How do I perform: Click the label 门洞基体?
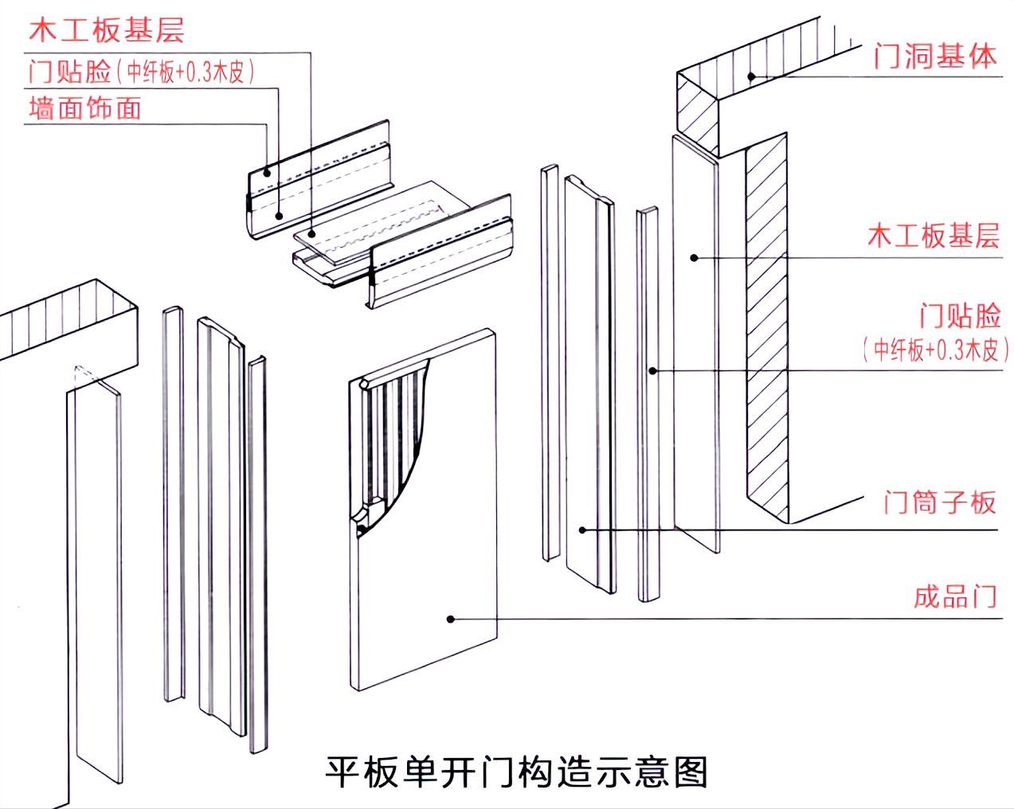(x=934, y=57)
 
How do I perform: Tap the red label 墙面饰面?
(x=84, y=107)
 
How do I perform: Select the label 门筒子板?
(x=939, y=502)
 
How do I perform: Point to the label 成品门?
(x=954, y=596)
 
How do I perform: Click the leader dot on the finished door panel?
(x=450, y=619)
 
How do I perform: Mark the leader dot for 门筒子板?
(x=582, y=530)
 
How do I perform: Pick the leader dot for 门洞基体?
(x=750, y=76)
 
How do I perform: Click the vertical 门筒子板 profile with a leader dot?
(x=590, y=382)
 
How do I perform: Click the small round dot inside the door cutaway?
(x=362, y=528)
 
